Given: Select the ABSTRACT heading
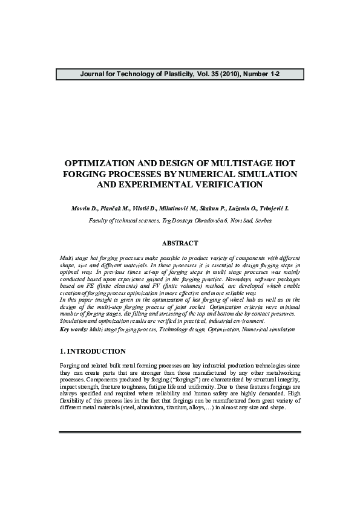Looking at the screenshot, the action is [x=180, y=243].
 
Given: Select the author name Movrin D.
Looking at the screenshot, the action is [x=84, y=208].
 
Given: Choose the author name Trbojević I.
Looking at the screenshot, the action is [x=273, y=208].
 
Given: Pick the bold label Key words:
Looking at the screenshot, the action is [x=74, y=329].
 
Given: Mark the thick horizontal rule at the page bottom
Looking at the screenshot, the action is [x=180, y=432].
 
